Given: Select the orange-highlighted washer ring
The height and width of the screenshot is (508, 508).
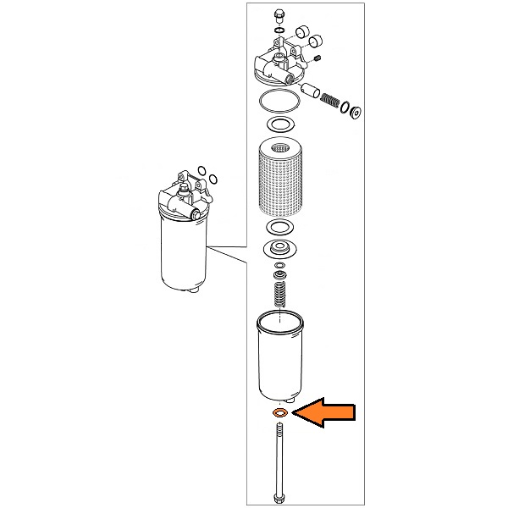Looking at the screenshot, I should [x=278, y=413].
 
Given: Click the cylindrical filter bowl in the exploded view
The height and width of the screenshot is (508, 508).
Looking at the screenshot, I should [x=279, y=356].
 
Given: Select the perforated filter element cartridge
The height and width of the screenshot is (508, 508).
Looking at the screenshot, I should [x=279, y=177].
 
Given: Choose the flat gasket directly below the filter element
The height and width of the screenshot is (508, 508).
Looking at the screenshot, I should [x=279, y=229].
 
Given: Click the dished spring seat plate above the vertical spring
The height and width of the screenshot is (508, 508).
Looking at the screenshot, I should [x=279, y=250].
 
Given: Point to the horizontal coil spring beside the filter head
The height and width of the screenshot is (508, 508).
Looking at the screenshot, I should [x=333, y=101].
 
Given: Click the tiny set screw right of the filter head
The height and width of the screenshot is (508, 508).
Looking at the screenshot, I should [x=317, y=58].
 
